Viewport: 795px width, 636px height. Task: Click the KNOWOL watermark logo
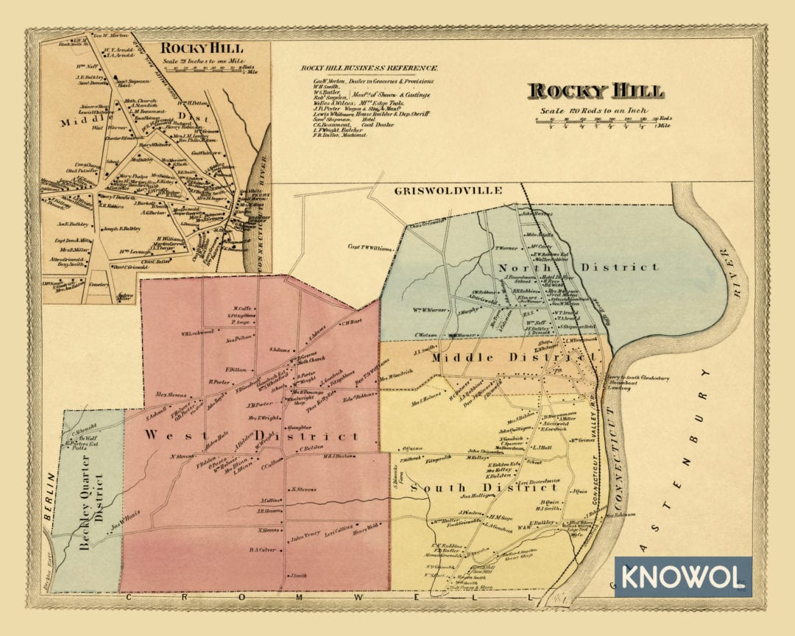(x=682, y=576)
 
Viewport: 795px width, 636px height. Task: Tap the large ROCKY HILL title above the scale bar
(x=596, y=91)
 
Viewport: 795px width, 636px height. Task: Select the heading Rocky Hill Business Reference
(x=370, y=68)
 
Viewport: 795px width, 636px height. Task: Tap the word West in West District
(x=165, y=435)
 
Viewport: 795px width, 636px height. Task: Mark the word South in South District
(x=437, y=487)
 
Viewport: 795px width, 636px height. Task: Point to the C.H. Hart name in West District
(x=351, y=322)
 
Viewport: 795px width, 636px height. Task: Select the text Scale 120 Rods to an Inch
(x=596, y=110)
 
